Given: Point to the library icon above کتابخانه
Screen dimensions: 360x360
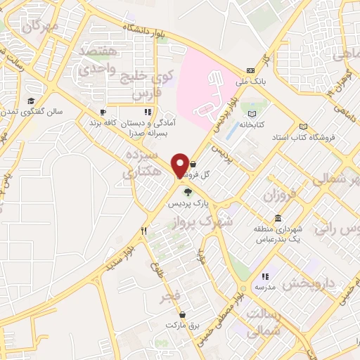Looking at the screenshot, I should (x=253, y=112).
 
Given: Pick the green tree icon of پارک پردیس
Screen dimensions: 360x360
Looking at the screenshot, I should (x=187, y=192).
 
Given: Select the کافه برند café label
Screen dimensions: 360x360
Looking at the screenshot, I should (x=103, y=122).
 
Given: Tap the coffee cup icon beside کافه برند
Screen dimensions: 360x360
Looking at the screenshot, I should (x=103, y=112).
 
